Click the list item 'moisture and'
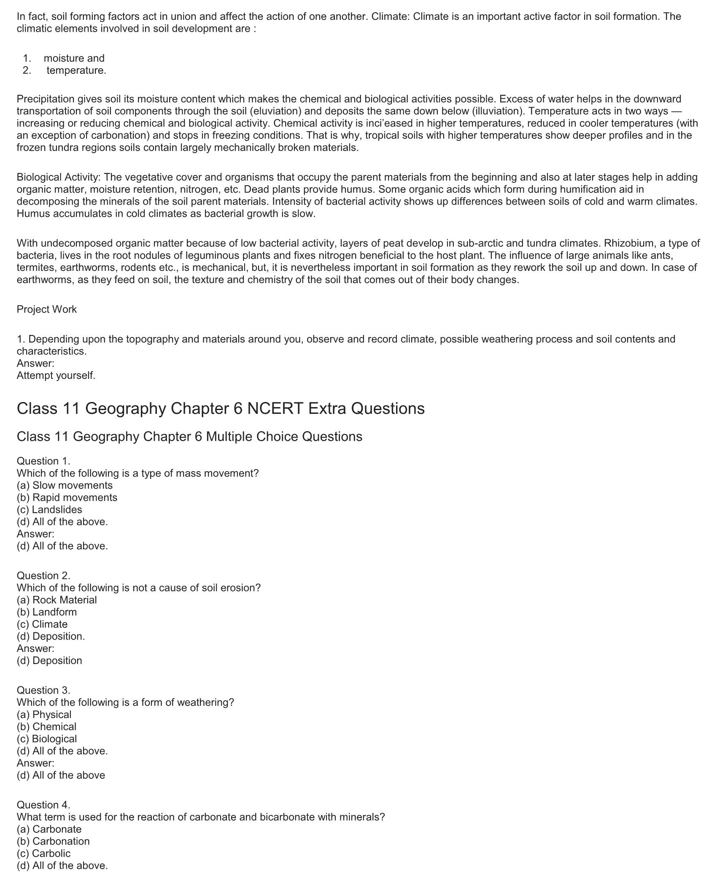[x=74, y=58]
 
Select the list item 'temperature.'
[x=76, y=70]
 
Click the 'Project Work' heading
[x=46, y=309]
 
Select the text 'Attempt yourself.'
[x=56, y=375]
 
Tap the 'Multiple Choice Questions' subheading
[x=284, y=436]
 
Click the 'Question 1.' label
[x=43, y=461]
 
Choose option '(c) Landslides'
[x=49, y=510]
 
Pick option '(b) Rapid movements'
[x=67, y=497]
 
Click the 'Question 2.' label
[x=43, y=575]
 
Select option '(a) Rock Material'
[x=57, y=600]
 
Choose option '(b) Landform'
[x=47, y=612]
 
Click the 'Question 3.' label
[x=43, y=690]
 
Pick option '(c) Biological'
[x=47, y=739]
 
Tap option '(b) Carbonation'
[x=53, y=841]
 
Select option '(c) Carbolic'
[x=43, y=853]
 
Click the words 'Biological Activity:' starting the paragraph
[x=59, y=177]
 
